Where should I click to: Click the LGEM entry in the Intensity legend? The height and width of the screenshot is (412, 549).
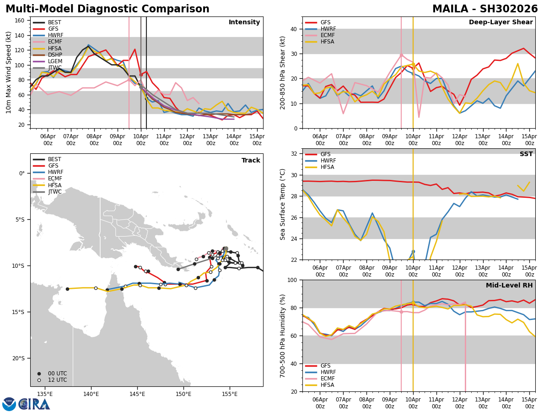54,61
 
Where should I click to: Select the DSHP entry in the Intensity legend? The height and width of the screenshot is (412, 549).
54,55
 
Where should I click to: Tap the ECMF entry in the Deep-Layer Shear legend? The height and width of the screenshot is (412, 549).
327,35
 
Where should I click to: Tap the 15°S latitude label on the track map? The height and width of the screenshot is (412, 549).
19,312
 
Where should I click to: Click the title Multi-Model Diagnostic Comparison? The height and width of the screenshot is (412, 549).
108,9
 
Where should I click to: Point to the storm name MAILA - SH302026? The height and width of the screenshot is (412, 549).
485,9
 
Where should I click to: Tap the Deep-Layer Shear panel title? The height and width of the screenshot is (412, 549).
501,22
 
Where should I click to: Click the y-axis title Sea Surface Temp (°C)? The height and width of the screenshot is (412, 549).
283,204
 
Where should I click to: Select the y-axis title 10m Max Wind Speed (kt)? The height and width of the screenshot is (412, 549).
9,72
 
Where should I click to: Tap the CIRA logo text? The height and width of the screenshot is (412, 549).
34,404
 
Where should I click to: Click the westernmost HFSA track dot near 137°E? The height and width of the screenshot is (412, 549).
67,289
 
